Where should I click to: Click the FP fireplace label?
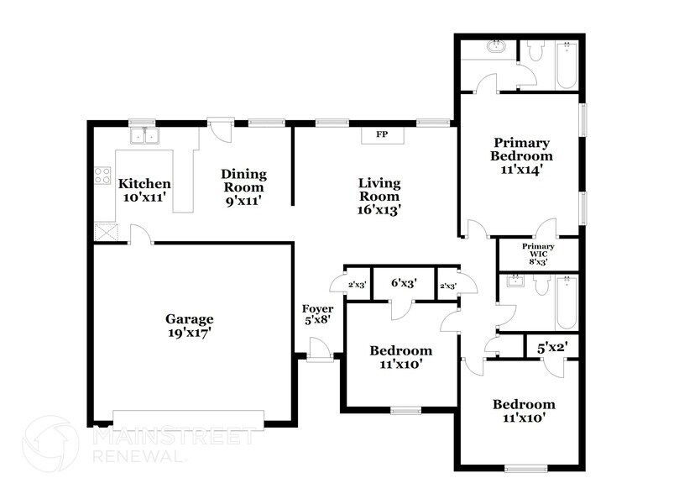pos(382,134)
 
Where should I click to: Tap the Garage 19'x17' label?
pos(189,326)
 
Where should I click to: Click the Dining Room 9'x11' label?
pos(243,187)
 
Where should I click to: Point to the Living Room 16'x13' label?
pos(379,197)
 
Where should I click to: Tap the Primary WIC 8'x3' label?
pos(538,254)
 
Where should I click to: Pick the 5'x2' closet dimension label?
pos(551,344)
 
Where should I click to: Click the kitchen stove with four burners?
pos(102,176)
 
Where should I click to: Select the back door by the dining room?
pos(220,129)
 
